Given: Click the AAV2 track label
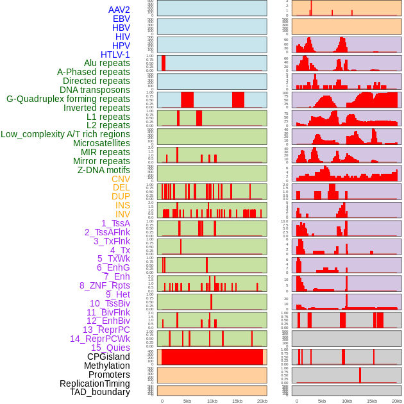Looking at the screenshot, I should click(x=119, y=10).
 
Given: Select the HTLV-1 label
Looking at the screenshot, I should click(x=115, y=55).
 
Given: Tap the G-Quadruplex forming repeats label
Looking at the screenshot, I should click(x=68, y=99).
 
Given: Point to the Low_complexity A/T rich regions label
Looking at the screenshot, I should click(x=65, y=135).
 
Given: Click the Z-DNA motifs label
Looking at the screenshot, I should click(x=104, y=170).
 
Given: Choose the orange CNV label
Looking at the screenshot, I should click(x=121, y=179).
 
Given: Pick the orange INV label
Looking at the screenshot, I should click(x=122, y=214).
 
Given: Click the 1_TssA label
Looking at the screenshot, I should click(x=115, y=223).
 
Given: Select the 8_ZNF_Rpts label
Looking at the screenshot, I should click(x=105, y=285).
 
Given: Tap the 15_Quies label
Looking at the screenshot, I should click(x=110, y=348).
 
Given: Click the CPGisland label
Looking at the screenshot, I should click(x=108, y=357).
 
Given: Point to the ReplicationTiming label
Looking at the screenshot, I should click(x=95, y=383).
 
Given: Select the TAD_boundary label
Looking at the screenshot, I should click(x=100, y=392).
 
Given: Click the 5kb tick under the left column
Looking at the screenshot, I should click(x=187, y=401).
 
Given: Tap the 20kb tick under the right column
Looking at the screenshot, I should click(x=397, y=401).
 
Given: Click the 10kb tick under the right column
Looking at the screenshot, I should click(x=347, y=401).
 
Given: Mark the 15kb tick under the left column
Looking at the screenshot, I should click(x=237, y=401).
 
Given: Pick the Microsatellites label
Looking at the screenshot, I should click(x=101, y=144).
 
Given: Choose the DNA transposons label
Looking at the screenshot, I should click(x=95, y=90).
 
